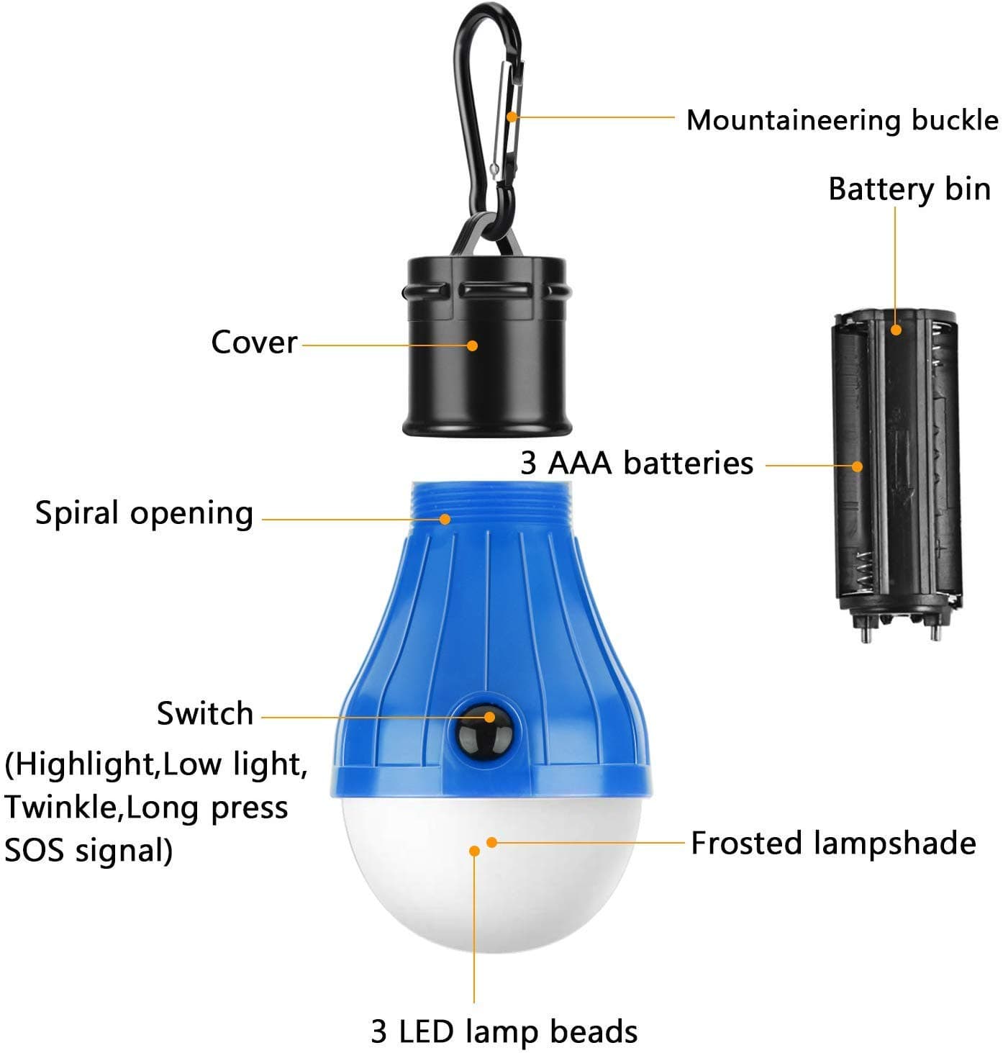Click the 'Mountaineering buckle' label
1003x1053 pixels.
[x=842, y=120]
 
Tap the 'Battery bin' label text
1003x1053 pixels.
[x=909, y=189]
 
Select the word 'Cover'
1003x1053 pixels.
[x=254, y=342]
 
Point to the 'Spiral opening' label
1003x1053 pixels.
[x=145, y=514]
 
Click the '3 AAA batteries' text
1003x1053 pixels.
[x=637, y=463]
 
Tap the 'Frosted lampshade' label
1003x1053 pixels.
[x=832, y=843]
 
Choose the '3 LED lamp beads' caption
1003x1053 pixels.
[x=504, y=1031]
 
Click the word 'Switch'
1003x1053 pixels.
[x=205, y=714]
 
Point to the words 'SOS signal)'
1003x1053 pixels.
[x=88, y=850]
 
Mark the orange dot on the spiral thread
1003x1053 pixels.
[x=446, y=518]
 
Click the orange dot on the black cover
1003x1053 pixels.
[x=472, y=345]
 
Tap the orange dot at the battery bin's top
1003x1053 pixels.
[x=896, y=330]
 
